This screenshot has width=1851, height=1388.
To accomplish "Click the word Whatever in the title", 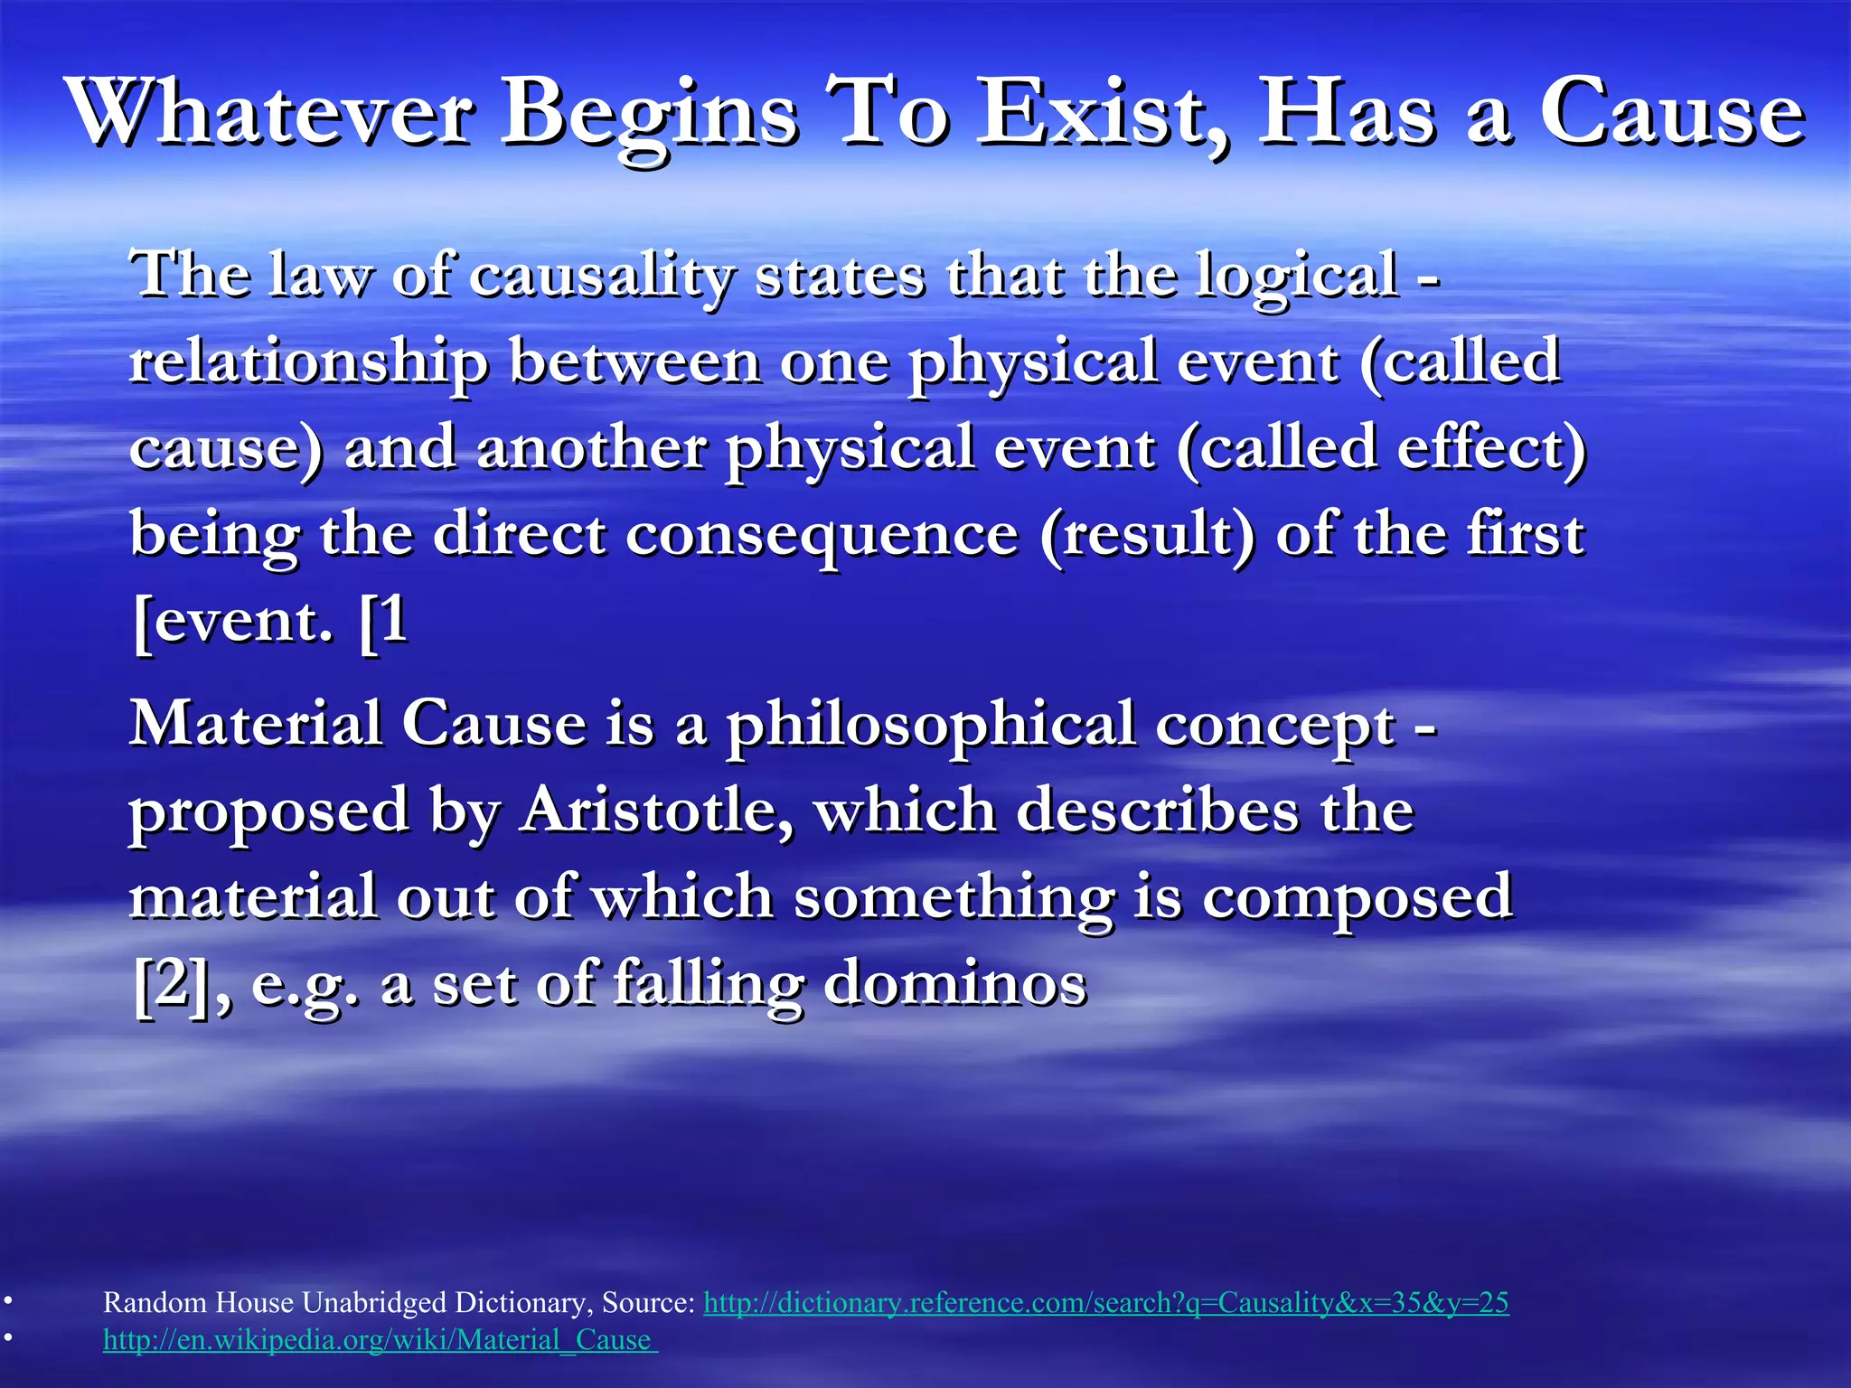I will click(x=271, y=113).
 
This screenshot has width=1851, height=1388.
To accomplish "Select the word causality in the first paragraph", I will click(x=601, y=275).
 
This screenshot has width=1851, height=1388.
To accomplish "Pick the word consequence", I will click(x=822, y=534).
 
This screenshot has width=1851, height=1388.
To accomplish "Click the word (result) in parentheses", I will click(x=1147, y=534).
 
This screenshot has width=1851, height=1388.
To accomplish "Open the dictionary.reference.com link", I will click(x=1105, y=1302).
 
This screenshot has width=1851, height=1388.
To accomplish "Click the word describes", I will click(x=1158, y=810).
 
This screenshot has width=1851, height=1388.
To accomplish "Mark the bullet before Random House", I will click(x=7, y=1302).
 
